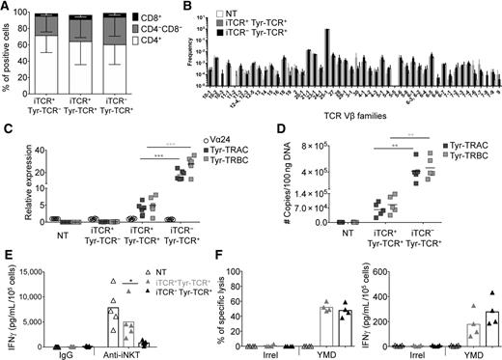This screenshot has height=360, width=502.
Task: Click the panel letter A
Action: click(6, 8)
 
